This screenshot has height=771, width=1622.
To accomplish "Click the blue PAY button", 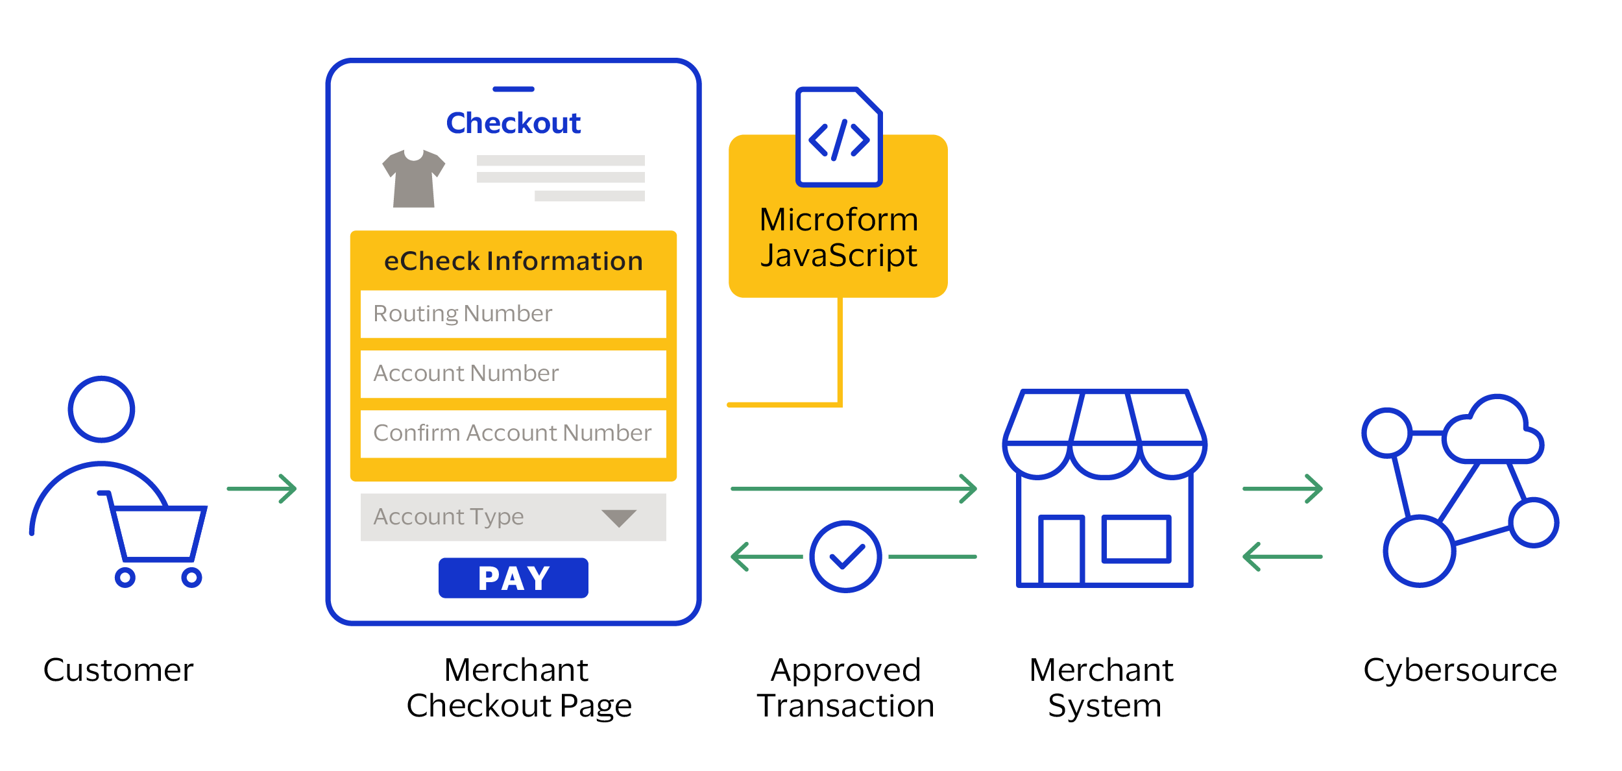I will click(x=513, y=578).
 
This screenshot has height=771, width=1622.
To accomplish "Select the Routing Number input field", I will click(x=513, y=314).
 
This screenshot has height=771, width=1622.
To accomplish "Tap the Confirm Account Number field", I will click(x=513, y=434).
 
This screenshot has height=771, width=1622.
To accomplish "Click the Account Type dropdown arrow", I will click(x=618, y=518).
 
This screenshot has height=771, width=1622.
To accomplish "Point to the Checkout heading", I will click(x=513, y=123).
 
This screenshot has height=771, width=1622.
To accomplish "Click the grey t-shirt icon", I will click(x=414, y=178).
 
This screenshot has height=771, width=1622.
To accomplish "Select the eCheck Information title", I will click(x=513, y=262).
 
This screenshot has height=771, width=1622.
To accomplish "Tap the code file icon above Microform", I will click(x=839, y=138).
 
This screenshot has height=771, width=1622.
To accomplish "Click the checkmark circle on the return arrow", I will click(x=845, y=556).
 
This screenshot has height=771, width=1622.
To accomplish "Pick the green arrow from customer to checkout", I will click(x=261, y=489).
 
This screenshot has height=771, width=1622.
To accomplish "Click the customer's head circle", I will click(x=102, y=410).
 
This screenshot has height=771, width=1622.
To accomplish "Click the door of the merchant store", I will click(x=1061, y=550).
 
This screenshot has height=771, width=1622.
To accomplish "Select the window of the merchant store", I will click(x=1136, y=539).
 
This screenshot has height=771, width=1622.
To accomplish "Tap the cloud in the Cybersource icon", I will click(x=1493, y=434).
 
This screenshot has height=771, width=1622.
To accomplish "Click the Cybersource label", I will click(x=1460, y=670).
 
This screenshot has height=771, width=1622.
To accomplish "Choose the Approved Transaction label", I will click(x=845, y=688).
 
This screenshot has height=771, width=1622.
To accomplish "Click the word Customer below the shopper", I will click(x=119, y=670).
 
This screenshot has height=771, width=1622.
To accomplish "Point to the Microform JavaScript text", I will click(x=839, y=238).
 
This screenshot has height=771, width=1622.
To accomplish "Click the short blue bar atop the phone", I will click(x=513, y=89).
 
